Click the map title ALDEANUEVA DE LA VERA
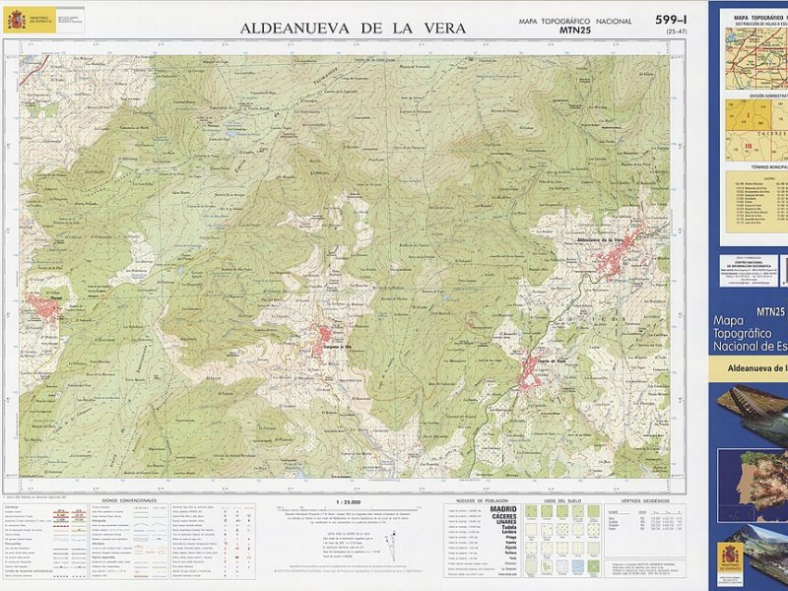353,29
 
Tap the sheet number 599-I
672,20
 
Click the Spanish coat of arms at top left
16,20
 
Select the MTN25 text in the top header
576,31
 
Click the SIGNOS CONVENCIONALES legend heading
134,500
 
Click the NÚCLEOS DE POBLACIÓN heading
482,500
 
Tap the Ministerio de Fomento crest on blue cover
729,556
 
